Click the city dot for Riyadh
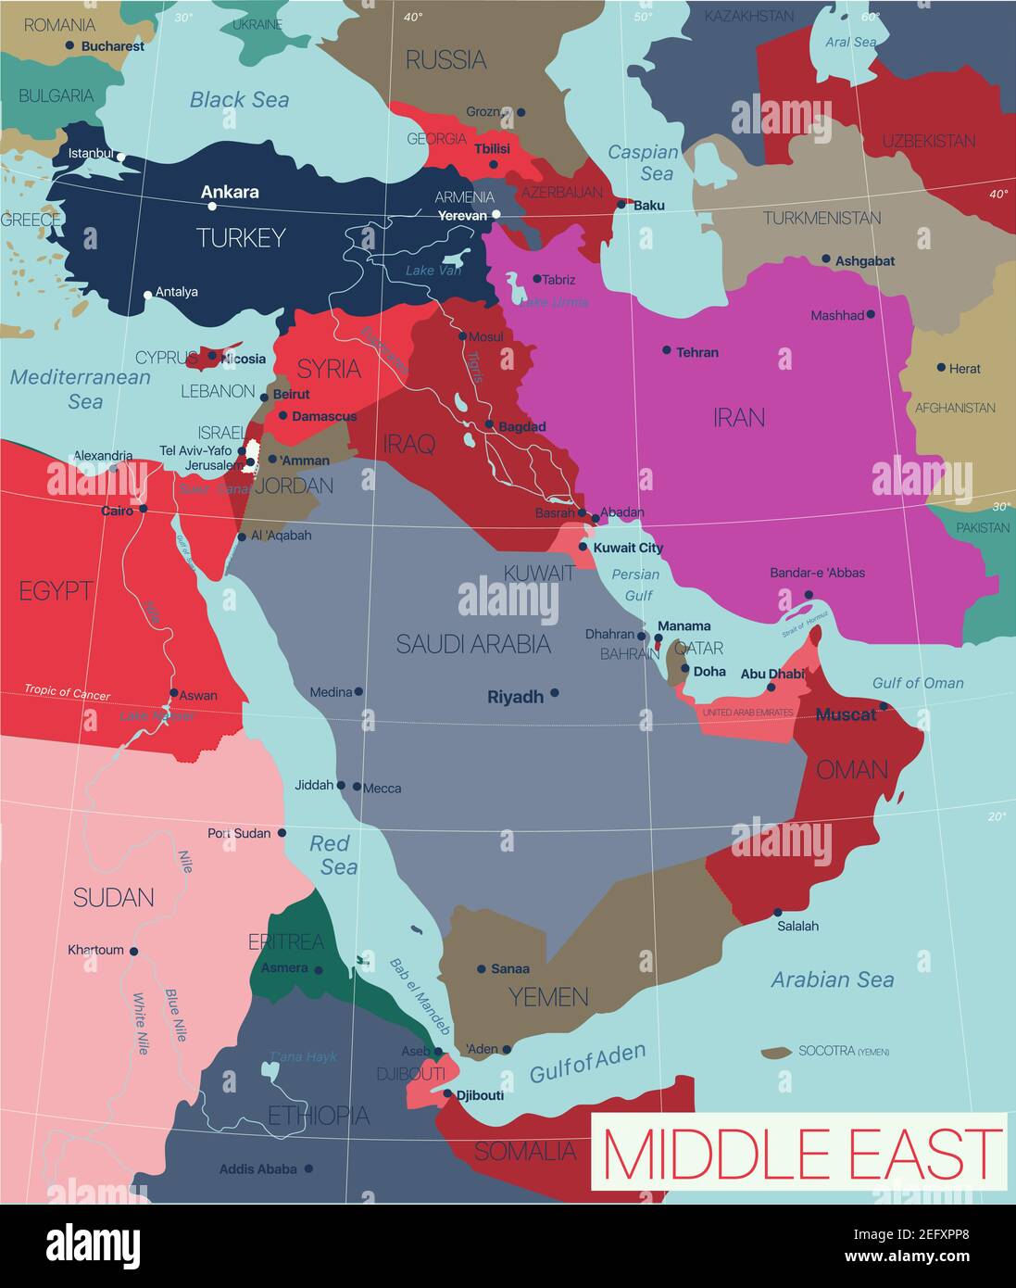point(555,692)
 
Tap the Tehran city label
point(697,352)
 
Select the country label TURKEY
point(241,238)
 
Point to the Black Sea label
point(239,99)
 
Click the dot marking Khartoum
point(133,951)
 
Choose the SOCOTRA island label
point(827,1051)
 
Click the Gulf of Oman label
point(918,683)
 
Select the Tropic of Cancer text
point(67,692)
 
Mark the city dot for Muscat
point(884,706)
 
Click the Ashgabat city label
point(865,261)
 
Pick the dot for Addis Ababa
point(308,1168)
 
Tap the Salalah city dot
point(778,912)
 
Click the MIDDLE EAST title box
point(798,1153)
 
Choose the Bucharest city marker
point(69,45)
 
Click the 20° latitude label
point(997,816)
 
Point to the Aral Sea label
point(850,42)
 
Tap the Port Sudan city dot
point(282,833)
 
